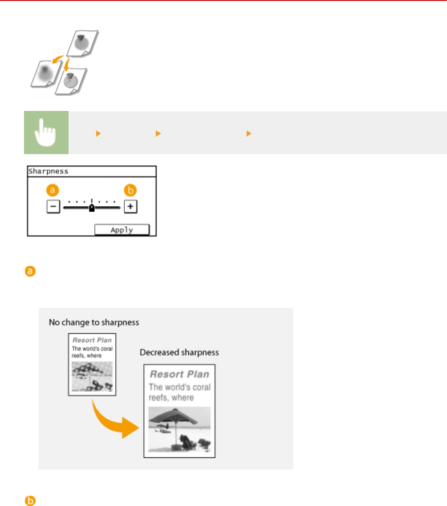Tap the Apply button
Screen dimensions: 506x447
tap(122, 230)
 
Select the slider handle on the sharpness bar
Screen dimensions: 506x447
tap(92, 208)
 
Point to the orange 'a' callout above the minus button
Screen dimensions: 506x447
tap(53, 191)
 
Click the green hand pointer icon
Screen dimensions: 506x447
tap(46, 133)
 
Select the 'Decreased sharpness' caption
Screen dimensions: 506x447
tap(179, 352)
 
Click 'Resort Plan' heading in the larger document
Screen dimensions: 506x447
tap(179, 373)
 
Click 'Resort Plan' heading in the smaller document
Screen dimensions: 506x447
tap(92, 340)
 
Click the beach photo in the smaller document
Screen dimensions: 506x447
tap(92, 376)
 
